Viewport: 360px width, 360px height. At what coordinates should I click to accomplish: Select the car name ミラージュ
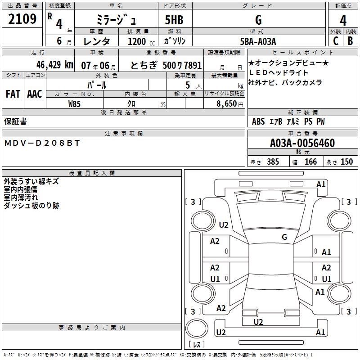(115, 20)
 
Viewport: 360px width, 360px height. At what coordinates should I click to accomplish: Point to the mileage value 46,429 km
(50, 65)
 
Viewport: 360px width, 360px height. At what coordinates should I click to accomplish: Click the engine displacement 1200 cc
(137, 41)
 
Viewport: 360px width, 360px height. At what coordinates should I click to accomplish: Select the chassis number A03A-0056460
(302, 143)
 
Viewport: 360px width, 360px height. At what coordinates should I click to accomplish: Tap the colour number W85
(75, 103)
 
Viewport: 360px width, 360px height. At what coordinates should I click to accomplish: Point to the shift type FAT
(13, 94)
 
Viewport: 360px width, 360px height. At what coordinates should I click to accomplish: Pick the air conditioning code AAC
(34, 94)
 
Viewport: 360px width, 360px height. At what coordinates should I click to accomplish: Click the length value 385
(273, 162)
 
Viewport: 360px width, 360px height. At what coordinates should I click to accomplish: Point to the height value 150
(346, 162)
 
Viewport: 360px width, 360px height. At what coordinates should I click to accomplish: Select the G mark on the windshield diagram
(284, 237)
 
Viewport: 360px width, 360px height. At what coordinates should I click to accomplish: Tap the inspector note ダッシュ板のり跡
(31, 206)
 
